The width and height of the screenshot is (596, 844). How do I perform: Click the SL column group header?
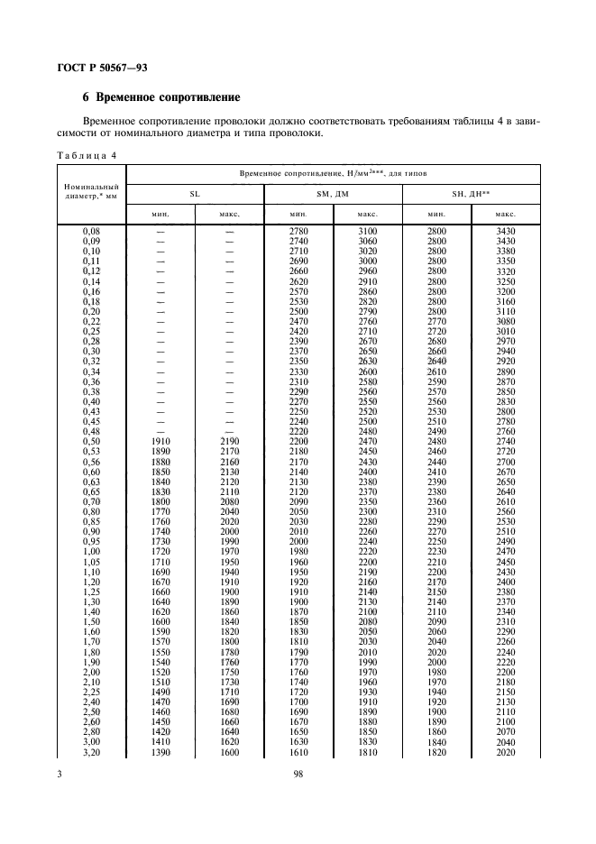click(x=194, y=193)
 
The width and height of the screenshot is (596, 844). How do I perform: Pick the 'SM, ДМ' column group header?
click(x=333, y=193)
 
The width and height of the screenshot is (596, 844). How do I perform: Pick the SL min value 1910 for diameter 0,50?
click(x=160, y=441)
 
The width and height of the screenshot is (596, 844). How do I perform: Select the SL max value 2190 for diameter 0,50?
click(x=229, y=441)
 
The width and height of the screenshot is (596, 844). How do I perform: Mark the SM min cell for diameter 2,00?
click(x=298, y=672)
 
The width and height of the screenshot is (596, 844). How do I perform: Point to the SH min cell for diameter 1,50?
click(x=437, y=622)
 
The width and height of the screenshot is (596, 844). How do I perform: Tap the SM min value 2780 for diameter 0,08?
click(x=298, y=233)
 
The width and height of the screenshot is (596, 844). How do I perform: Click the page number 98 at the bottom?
click(x=298, y=774)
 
